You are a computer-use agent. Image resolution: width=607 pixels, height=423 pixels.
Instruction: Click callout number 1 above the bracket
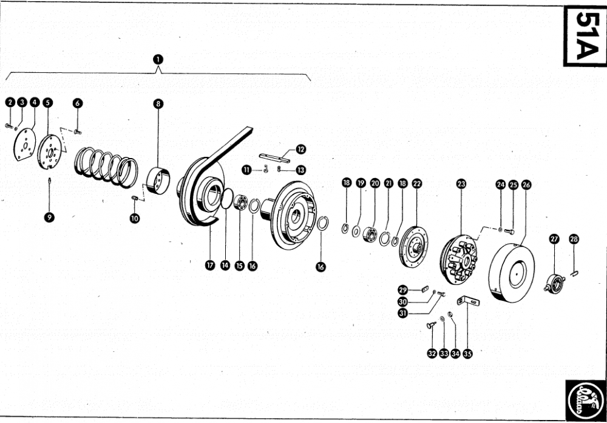158,59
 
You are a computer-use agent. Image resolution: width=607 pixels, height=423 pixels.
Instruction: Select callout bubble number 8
158,104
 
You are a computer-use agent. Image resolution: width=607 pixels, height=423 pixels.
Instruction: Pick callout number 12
301,149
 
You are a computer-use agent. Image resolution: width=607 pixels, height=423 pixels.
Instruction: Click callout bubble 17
211,265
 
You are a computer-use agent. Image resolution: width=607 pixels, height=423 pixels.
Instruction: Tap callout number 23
461,183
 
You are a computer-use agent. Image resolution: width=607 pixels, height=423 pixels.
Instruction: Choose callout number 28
574,239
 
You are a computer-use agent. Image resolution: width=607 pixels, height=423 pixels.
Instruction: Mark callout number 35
467,353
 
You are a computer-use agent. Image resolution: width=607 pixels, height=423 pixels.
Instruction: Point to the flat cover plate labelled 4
25,146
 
